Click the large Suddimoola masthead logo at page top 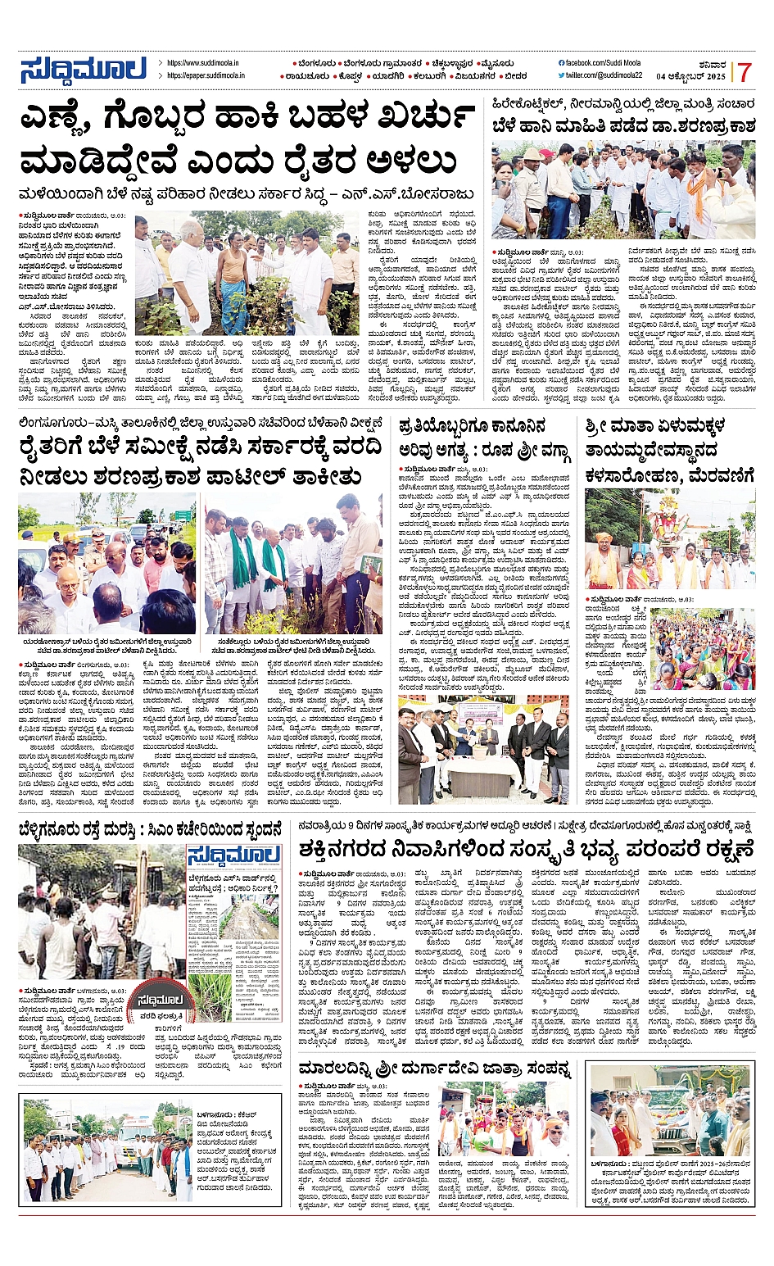83,70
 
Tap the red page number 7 744,72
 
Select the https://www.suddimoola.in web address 202,62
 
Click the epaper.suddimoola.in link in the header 206,75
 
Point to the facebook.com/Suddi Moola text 602,62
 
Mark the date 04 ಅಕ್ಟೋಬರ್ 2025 691,76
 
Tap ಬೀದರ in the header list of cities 514,75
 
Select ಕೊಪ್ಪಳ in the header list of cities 347,75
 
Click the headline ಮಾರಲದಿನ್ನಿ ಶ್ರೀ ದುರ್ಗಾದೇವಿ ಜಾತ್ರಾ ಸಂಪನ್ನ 435,1069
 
